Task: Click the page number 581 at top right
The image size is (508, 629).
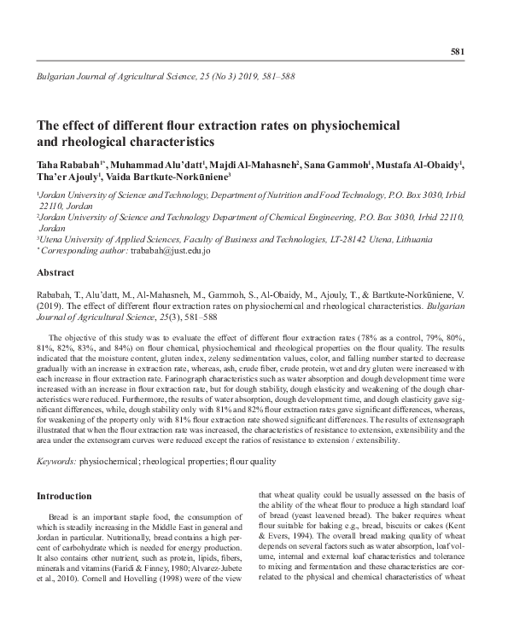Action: (457, 52)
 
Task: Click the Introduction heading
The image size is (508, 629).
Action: (64, 496)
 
